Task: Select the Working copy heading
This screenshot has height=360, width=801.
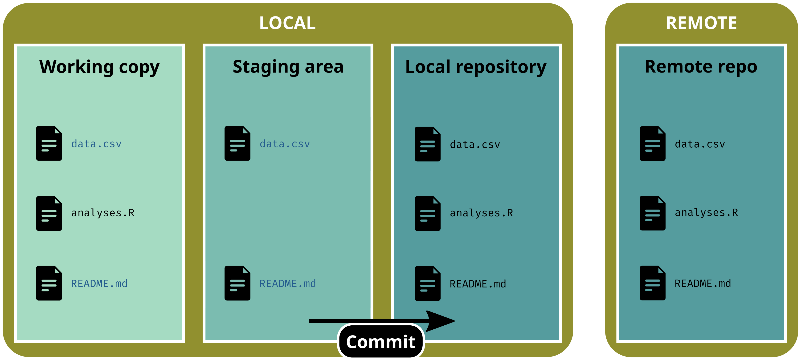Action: (x=99, y=67)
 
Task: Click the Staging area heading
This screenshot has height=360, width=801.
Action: (x=288, y=67)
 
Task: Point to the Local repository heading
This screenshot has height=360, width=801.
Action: (x=476, y=67)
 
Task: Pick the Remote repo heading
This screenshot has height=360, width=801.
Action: (x=701, y=67)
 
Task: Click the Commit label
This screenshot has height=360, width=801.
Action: (x=381, y=342)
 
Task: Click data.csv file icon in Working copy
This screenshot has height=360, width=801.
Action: (x=49, y=143)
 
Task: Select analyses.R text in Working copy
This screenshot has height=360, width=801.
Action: (x=103, y=213)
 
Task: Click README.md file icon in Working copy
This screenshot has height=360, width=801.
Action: (x=49, y=283)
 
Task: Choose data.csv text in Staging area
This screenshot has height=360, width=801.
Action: (x=285, y=144)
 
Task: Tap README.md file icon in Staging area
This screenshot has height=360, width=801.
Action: (x=237, y=283)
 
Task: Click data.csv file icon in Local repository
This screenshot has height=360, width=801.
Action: (x=427, y=144)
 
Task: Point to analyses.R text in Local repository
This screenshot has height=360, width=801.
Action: (x=481, y=213)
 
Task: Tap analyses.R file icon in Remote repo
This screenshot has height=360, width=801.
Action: (x=652, y=213)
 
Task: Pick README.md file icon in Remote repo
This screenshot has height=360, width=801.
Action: (x=652, y=283)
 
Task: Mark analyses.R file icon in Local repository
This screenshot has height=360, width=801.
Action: (x=427, y=213)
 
